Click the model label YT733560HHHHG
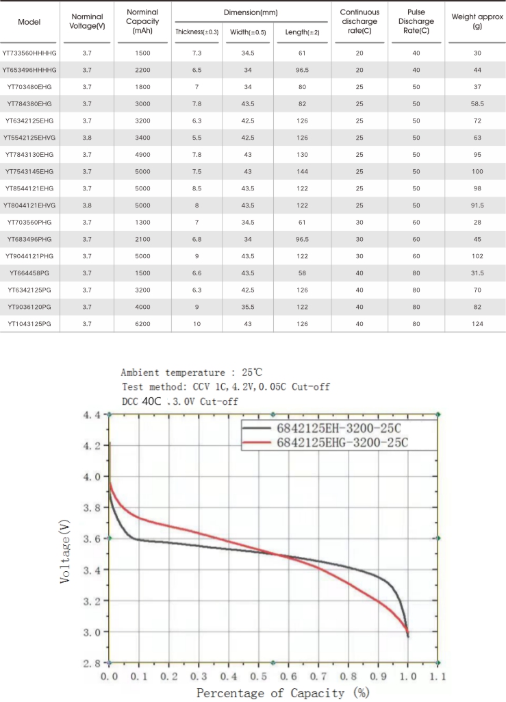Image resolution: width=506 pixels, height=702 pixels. [x=29, y=53]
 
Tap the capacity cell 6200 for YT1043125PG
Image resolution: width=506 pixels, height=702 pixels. [x=143, y=323]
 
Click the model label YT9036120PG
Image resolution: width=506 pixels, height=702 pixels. [x=29, y=306]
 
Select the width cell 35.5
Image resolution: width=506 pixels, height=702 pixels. [x=249, y=306]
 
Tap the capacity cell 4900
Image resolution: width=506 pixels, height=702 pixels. [x=143, y=154]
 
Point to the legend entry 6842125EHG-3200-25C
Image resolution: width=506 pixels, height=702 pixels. [x=342, y=443]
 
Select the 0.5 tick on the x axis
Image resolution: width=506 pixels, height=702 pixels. [x=258, y=676]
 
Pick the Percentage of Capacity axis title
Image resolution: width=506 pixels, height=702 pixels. [x=280, y=692]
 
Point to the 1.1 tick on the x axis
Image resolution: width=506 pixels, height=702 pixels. [x=438, y=676]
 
